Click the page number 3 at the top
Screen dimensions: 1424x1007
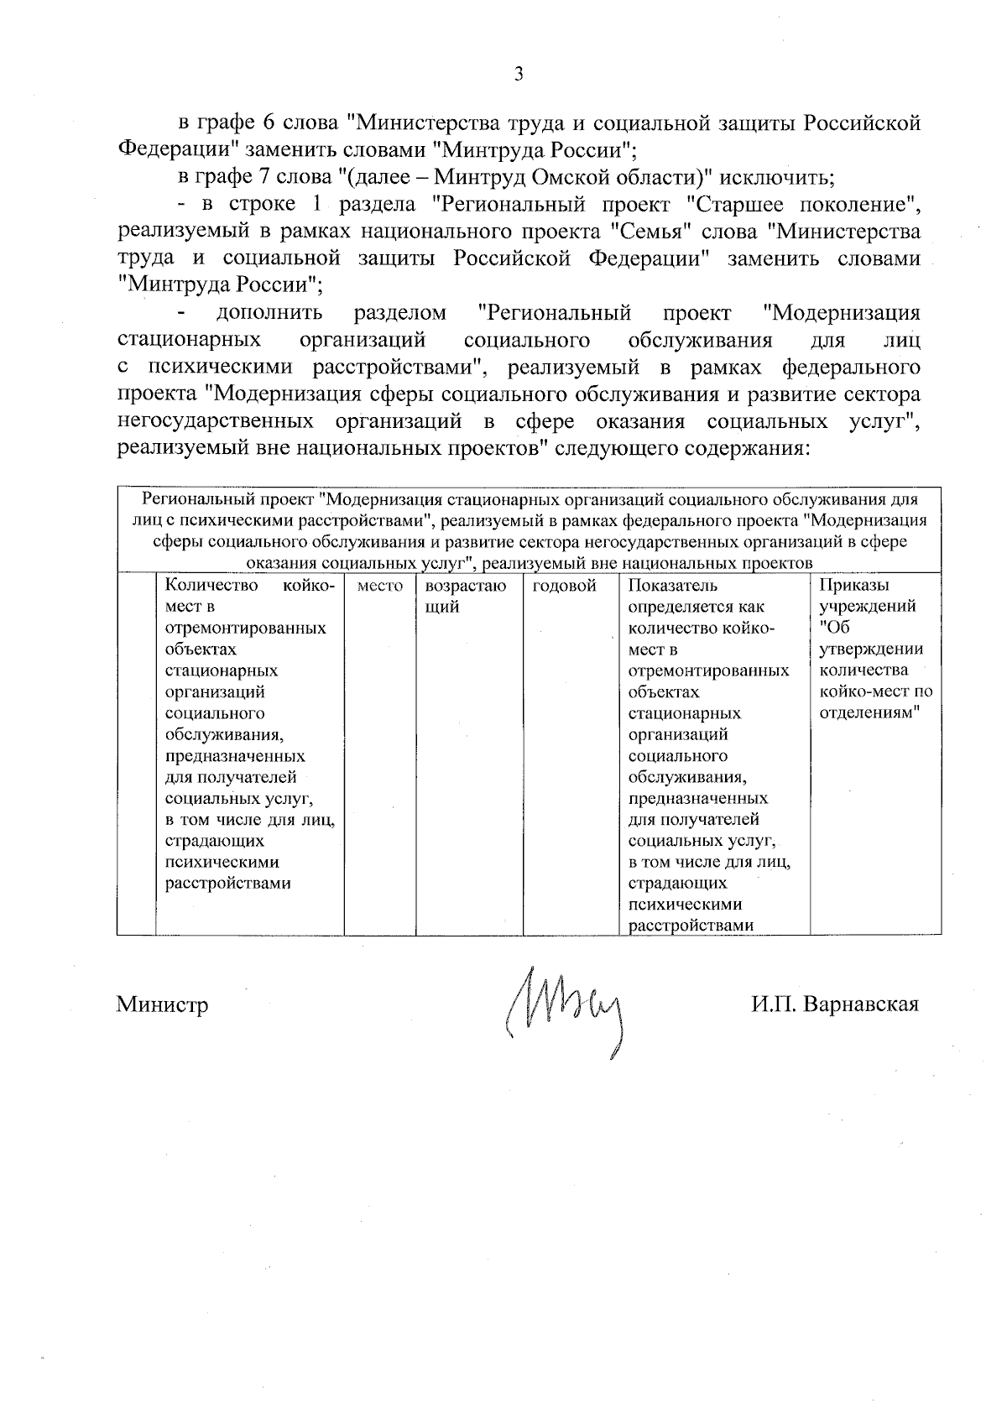click(518, 75)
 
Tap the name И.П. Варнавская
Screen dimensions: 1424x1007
click(835, 1004)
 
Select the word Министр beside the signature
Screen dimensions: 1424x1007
click(162, 1004)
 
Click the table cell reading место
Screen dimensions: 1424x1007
click(380, 587)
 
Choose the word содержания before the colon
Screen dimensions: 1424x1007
click(745, 448)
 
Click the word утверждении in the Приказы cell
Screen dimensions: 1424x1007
click(871, 649)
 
